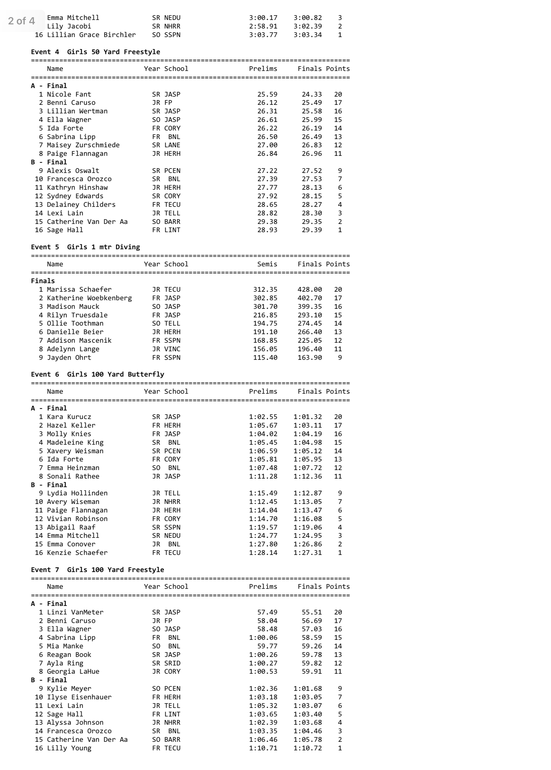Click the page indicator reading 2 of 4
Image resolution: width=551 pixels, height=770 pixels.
(22, 21)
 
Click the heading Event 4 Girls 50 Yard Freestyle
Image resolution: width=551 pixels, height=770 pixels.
(95, 52)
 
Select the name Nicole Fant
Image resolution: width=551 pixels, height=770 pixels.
(69, 94)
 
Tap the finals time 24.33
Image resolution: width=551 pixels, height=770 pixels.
(311, 94)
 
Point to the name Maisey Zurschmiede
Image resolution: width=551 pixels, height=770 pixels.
(83, 145)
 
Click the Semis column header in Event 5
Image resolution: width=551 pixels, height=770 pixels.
(267, 264)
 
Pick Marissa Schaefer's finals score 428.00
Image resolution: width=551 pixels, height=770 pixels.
(310, 290)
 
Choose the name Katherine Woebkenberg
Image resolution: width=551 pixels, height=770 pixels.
(89, 298)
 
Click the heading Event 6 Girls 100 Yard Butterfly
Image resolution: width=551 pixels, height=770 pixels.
(97, 374)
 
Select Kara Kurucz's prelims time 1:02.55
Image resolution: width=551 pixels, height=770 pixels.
(263, 417)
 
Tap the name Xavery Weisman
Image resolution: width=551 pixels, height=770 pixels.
(75, 451)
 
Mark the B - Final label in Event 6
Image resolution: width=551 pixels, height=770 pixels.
(49, 485)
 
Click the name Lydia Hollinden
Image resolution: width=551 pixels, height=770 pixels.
(77, 493)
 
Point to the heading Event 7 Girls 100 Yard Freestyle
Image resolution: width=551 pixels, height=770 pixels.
(97, 570)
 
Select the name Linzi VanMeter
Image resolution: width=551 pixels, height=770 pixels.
(75, 612)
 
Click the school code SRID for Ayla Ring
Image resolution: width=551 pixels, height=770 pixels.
(172, 663)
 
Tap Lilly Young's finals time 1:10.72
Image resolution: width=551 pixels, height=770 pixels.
(307, 748)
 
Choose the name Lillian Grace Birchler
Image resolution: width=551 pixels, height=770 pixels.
(91, 35)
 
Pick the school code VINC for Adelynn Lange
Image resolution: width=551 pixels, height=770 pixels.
(172, 349)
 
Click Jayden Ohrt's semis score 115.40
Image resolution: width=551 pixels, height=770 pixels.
(265, 358)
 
